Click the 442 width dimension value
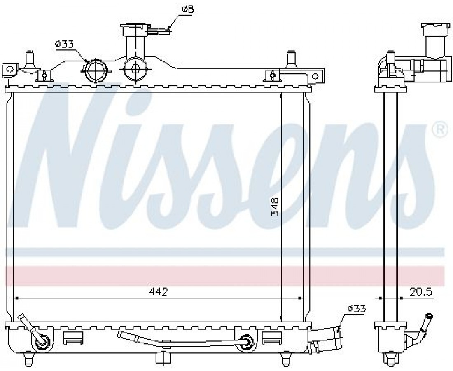(x=158, y=291)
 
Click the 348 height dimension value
(x=274, y=207)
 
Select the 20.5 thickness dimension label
(x=421, y=292)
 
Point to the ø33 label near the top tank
(x=64, y=44)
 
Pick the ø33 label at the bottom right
(x=357, y=308)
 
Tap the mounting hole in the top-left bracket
(x=10, y=69)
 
